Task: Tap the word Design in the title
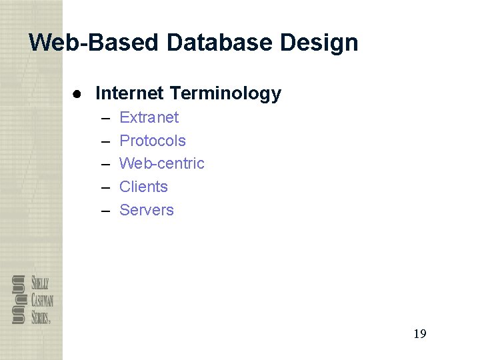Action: pos(319,43)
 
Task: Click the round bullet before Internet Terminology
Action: pos(78,93)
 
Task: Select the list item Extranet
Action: pos(149,117)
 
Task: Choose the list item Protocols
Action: pos(152,141)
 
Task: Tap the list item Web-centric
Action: pos(161,163)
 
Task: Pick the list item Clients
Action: pos(143,187)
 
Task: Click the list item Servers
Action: pos(146,210)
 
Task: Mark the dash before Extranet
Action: pos(106,119)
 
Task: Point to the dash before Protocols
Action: pos(106,142)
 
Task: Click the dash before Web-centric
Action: pos(106,165)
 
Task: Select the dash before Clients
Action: pos(106,188)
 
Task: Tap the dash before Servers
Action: pos(106,211)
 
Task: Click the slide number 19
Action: pos(419,334)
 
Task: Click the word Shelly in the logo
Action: pos(39,283)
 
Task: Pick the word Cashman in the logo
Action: pos(42,299)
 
